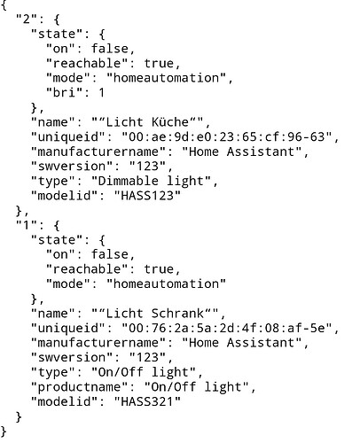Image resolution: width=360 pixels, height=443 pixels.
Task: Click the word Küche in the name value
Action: point(170,122)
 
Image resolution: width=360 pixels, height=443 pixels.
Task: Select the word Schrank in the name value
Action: point(178,313)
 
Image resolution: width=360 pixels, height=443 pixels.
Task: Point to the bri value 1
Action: point(102,93)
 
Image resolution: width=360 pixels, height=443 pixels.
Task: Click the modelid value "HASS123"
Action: point(147,195)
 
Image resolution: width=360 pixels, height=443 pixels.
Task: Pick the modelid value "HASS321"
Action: point(147,401)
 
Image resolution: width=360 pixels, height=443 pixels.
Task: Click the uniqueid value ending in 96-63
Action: point(227,136)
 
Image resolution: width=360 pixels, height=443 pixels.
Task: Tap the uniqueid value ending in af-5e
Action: point(227,328)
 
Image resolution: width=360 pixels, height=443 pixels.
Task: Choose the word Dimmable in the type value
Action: point(128,181)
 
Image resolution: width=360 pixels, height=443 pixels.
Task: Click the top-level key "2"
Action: point(27,19)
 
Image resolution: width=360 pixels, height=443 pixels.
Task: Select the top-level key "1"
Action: point(27,225)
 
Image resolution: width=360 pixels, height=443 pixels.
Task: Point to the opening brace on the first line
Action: point(4,5)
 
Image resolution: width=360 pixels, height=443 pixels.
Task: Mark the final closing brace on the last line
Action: point(4,431)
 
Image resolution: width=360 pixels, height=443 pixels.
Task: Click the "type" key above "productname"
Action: point(53,372)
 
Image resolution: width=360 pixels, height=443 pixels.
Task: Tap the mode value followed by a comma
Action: point(166,78)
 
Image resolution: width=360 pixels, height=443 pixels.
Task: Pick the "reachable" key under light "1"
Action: point(87,269)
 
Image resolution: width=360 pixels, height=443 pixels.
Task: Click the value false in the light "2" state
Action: point(110,49)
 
